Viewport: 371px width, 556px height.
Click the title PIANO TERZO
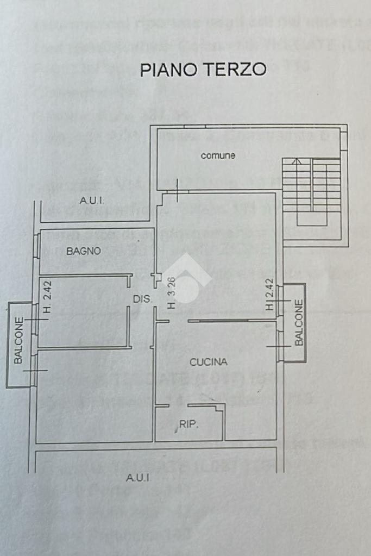(203, 70)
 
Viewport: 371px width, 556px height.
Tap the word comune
(218, 156)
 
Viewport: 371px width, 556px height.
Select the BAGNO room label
(84, 251)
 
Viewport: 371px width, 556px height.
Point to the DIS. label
(142, 299)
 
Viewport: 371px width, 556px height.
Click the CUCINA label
(208, 362)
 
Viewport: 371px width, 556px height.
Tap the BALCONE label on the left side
(19, 340)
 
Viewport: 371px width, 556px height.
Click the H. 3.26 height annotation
(171, 294)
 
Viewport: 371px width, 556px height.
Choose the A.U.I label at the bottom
(138, 478)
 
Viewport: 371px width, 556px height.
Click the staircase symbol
(312, 191)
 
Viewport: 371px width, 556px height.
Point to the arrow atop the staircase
(295, 161)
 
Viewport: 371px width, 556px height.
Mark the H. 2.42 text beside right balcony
(270, 295)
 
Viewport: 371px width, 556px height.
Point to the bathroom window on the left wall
(36, 246)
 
